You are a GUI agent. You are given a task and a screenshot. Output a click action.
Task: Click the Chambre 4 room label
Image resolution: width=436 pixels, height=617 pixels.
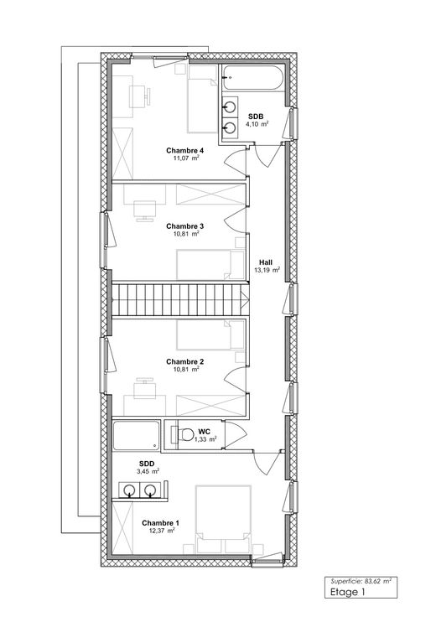pyautogui.click(x=184, y=150)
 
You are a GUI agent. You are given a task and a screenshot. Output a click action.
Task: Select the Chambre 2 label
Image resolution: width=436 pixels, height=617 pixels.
pyautogui.click(x=184, y=361)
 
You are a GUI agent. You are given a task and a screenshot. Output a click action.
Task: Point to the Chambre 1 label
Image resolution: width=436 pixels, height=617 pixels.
pyautogui.click(x=160, y=523)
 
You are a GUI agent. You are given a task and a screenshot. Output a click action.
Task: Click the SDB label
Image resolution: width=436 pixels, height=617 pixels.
pyautogui.click(x=256, y=117)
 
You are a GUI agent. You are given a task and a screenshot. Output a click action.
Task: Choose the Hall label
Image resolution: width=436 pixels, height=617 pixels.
pyautogui.click(x=266, y=262)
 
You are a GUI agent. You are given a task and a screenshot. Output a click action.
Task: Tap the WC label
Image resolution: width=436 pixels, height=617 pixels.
pyautogui.click(x=205, y=432)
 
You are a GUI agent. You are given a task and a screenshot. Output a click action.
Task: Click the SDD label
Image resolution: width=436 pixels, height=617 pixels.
pyautogui.click(x=147, y=464)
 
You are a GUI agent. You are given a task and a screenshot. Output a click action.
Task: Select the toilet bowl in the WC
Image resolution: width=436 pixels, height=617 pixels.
pyautogui.click(x=184, y=435)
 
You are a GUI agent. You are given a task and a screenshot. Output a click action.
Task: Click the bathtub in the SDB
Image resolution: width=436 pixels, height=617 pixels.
pyautogui.click(x=252, y=78)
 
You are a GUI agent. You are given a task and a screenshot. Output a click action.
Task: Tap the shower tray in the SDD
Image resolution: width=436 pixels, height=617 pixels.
pyautogui.click(x=136, y=435)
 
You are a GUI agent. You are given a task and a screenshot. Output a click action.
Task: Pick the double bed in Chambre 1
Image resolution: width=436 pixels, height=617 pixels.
pyautogui.click(x=224, y=520)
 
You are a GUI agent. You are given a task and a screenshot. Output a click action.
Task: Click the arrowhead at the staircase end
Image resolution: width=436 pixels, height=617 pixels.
pyautogui.click(x=245, y=299)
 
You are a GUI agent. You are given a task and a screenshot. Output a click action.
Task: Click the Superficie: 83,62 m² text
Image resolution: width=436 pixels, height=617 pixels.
pyautogui.click(x=361, y=581)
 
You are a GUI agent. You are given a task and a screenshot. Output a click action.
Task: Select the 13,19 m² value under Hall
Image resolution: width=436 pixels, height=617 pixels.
pyautogui.click(x=267, y=270)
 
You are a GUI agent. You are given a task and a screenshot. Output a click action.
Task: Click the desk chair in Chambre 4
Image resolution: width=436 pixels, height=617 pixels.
pyautogui.click(x=148, y=96)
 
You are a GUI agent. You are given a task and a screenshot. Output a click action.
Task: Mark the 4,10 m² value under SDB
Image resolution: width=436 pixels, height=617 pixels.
pyautogui.click(x=257, y=124)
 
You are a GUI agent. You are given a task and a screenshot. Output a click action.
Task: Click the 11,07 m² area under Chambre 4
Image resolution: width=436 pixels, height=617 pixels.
pyautogui.click(x=186, y=158)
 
